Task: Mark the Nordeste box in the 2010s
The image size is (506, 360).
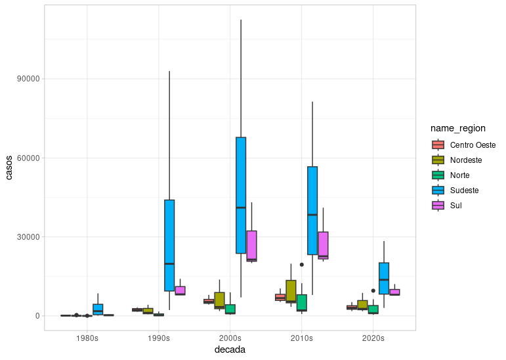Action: [291, 292]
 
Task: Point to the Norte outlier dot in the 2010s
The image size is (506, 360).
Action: [302, 265]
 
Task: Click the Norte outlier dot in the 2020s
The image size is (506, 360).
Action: [373, 290]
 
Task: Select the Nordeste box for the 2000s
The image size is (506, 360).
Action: [219, 300]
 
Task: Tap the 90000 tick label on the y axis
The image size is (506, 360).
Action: [28, 79]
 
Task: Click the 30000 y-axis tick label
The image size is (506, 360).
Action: [28, 237]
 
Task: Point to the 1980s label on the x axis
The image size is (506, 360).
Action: [87, 338]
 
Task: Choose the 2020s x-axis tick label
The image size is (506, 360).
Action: [373, 338]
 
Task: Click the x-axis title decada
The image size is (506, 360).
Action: [230, 350]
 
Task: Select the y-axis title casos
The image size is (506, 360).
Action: [9, 168]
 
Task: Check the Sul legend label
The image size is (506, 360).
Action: [457, 206]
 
